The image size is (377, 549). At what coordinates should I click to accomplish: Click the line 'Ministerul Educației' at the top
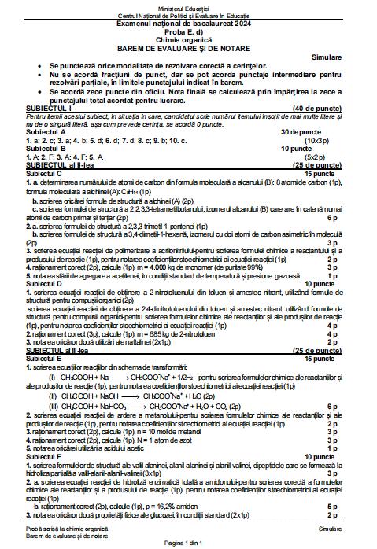188,8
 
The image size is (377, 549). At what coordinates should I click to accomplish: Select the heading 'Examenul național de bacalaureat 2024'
188,23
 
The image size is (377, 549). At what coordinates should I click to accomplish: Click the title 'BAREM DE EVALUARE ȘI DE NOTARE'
188,47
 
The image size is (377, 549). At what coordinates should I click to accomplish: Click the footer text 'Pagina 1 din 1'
188,543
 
